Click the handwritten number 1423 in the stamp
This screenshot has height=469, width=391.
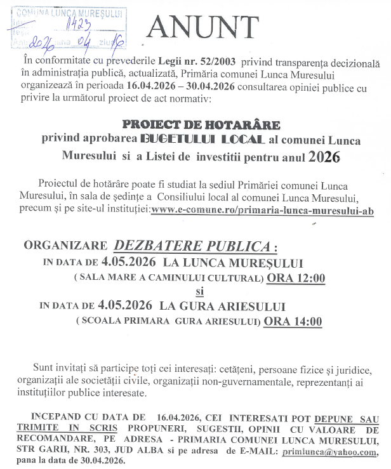pyautogui.click(x=77, y=23)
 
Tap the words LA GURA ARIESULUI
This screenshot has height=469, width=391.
pyautogui.click(x=223, y=307)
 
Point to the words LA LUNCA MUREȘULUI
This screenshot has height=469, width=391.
pyautogui.click(x=233, y=262)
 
